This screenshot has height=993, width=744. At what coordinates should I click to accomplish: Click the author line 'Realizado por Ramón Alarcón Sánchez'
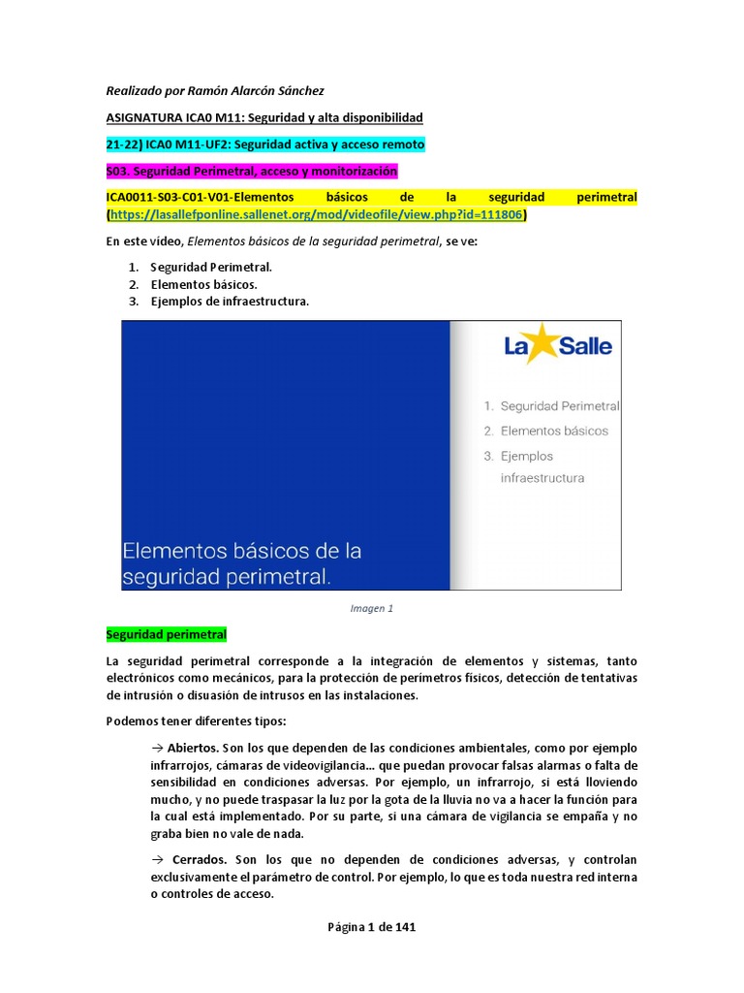(214, 91)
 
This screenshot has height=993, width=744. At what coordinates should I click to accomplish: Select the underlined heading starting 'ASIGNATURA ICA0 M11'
(264, 117)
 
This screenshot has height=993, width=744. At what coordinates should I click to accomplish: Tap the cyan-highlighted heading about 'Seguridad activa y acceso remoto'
(264, 144)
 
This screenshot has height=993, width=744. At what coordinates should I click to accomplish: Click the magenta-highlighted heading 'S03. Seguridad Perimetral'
(252, 171)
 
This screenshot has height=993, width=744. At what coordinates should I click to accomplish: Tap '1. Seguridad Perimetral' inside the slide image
(551, 406)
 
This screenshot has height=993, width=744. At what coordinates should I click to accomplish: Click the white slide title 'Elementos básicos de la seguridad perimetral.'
(241, 563)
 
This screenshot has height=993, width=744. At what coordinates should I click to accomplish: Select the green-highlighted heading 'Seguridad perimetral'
(166, 635)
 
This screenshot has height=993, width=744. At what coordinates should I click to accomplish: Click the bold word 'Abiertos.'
(193, 748)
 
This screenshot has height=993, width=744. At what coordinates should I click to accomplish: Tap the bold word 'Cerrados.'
(199, 860)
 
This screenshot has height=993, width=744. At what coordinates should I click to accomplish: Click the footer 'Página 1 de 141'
(371, 927)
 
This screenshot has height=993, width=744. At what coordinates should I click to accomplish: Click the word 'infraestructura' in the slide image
(542, 478)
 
